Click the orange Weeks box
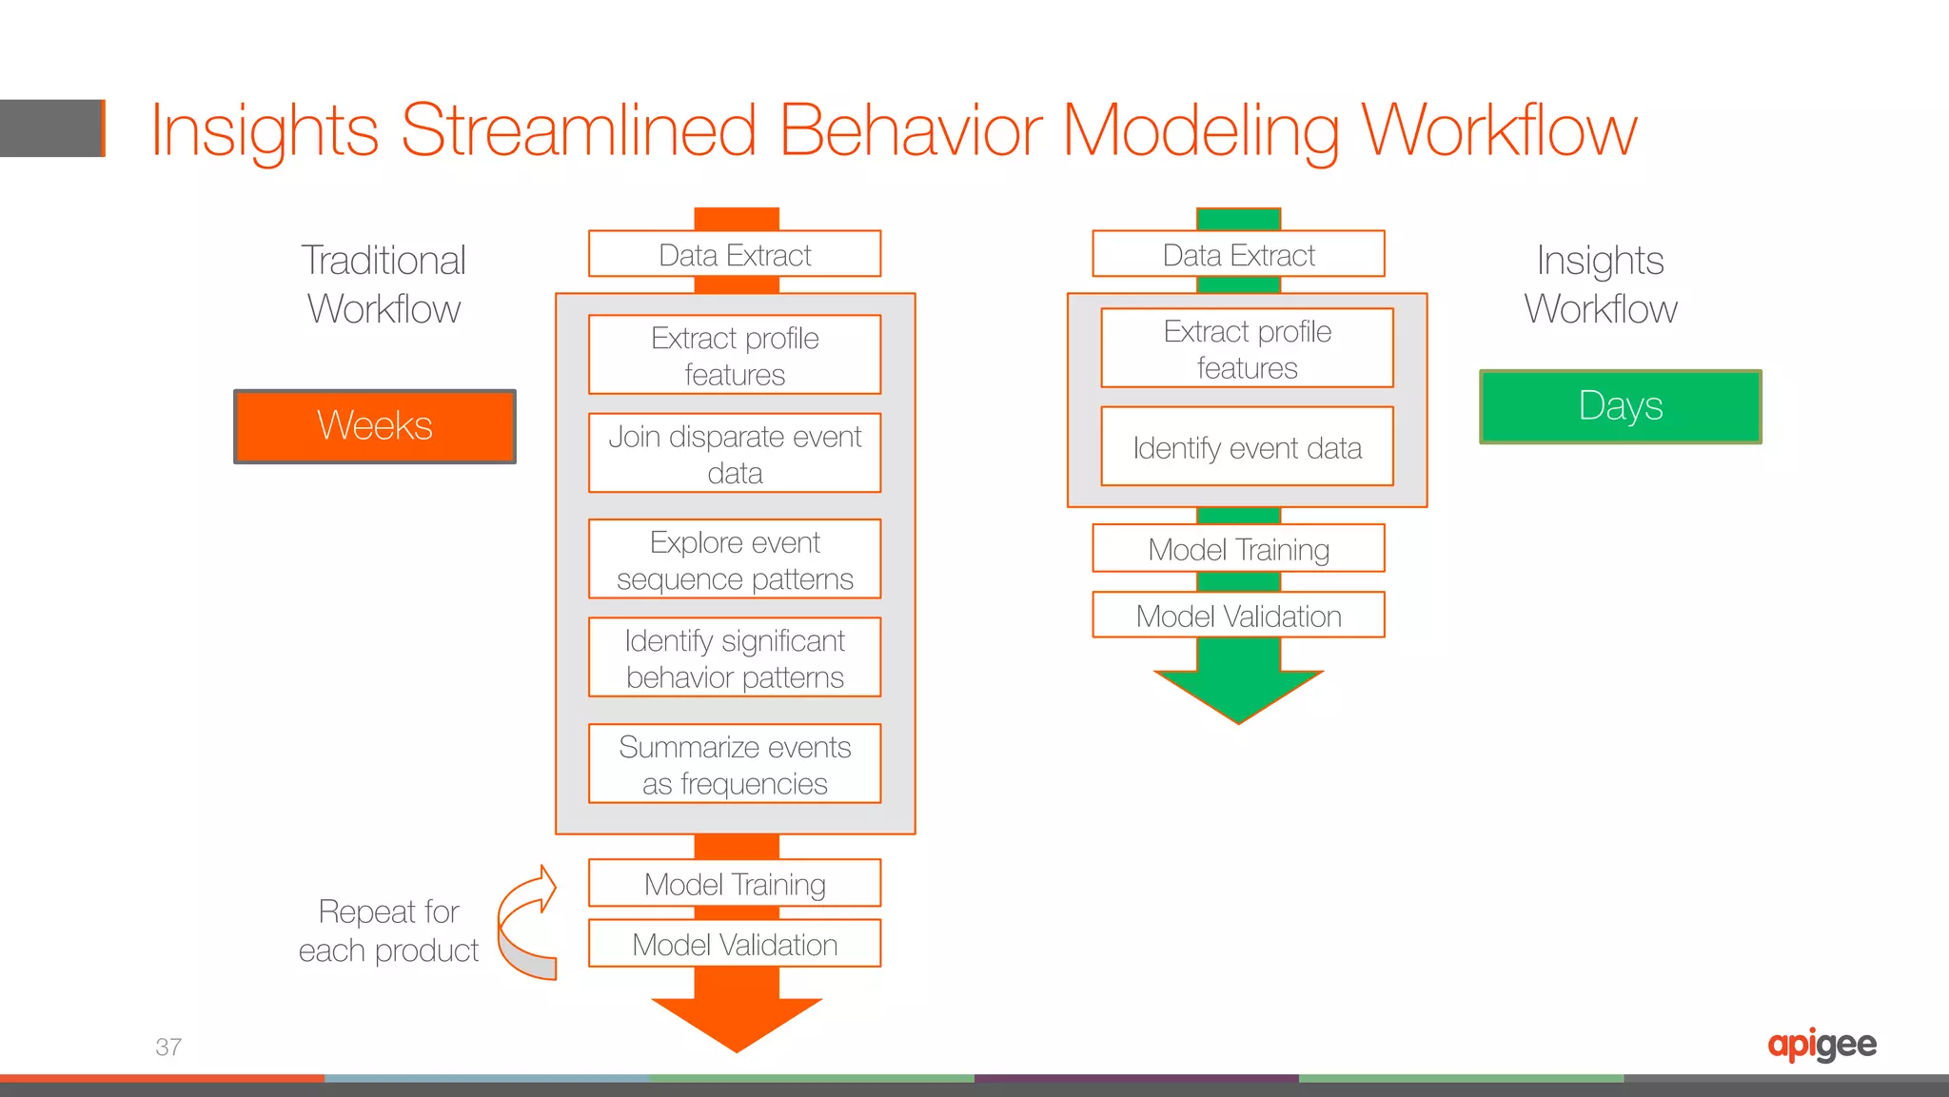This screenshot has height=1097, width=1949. coord(375,426)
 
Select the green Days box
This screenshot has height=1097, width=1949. coord(1620,406)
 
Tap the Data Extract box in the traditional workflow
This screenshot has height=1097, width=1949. coord(735,254)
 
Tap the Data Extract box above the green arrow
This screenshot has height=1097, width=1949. coord(1238,254)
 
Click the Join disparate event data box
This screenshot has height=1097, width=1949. coord(735,454)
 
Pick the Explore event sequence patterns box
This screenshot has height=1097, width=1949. coord(735,559)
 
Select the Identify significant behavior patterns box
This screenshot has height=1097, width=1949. coord(735,658)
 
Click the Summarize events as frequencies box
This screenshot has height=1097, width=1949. coord(735,764)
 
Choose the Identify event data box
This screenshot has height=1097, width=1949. coord(1247,447)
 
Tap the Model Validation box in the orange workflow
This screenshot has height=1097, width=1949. coord(735,944)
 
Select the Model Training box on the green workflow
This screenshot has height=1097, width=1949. coord(1238,549)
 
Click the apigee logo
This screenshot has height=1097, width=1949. coord(1821,1045)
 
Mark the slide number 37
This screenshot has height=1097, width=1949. coord(168,1047)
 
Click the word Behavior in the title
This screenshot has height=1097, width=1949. coord(911,130)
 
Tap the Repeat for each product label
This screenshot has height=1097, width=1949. coord(388,930)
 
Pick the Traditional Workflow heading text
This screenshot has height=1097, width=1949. coord(384,284)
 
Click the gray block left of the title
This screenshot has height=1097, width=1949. coord(51,128)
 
